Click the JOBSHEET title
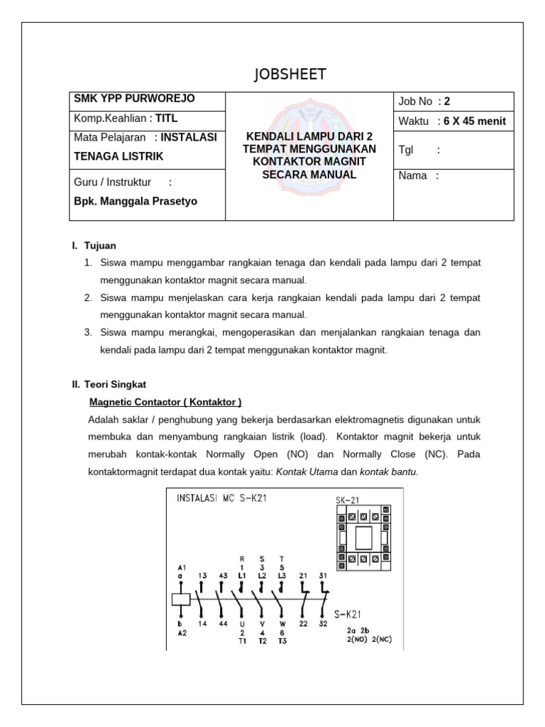[290, 76]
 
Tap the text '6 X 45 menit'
[472, 121]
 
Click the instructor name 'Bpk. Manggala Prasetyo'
[136, 201]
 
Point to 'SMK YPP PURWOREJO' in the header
[124, 99]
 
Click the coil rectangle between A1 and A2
[180, 598]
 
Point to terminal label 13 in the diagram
[203, 576]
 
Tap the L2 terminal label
[263, 576]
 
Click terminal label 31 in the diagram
[323, 576]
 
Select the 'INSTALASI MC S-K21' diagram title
[222, 499]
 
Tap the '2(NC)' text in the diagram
[380, 639]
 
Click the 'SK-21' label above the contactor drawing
[349, 501]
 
